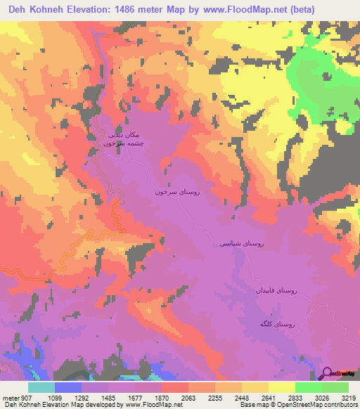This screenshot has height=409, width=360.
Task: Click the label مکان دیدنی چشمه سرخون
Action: pos(114,138)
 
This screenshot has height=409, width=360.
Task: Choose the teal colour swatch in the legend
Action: pos(41,387)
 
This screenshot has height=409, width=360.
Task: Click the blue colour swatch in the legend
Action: pos(68,387)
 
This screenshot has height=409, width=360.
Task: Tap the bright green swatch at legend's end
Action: pos(335,387)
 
